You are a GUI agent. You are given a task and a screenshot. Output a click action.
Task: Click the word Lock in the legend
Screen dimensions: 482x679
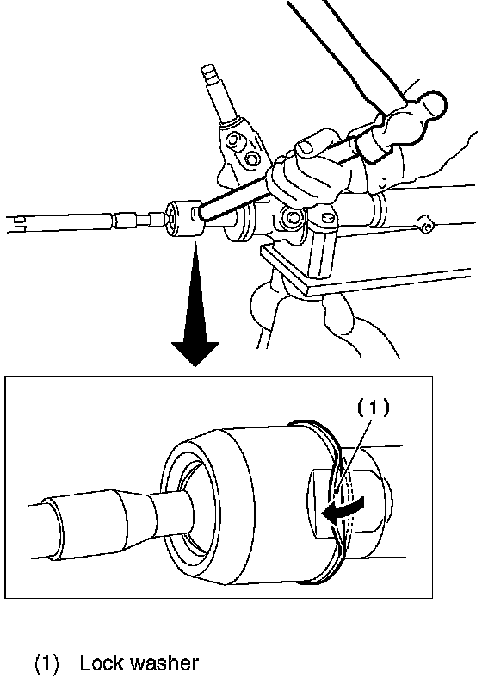[101, 663]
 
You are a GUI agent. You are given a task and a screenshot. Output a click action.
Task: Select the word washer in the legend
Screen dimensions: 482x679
[164, 663]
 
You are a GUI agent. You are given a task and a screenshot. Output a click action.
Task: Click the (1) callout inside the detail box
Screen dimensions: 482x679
[373, 407]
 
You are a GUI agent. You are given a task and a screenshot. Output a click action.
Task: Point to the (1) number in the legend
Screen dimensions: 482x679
[46, 663]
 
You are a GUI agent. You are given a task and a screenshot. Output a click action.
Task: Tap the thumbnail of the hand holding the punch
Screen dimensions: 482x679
[306, 147]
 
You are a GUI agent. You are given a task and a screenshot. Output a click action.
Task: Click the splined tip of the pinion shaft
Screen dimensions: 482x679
[209, 75]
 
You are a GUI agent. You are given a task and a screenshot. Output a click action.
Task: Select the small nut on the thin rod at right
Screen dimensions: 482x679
[426, 225]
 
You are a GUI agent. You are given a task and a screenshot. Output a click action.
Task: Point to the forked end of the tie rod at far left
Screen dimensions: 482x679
[16, 223]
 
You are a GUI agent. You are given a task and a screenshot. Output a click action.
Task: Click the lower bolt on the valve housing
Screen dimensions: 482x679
[252, 159]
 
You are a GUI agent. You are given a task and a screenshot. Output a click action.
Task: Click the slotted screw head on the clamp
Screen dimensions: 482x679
[330, 218]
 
